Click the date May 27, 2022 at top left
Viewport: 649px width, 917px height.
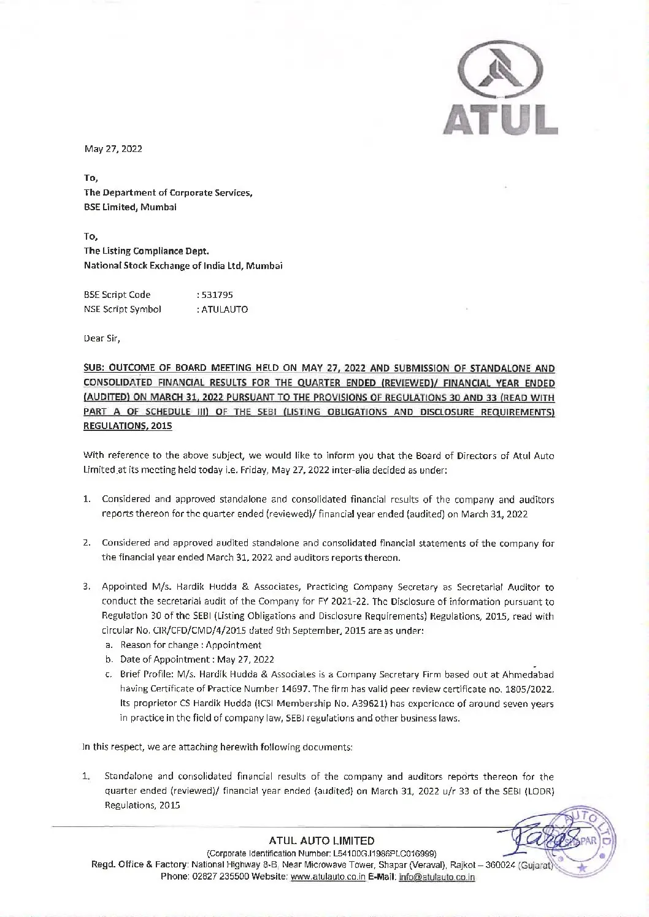click(x=113, y=149)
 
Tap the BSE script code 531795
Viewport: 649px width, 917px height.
click(x=214, y=295)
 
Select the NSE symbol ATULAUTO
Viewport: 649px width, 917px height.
click(x=221, y=310)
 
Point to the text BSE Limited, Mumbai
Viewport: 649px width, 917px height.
click(x=130, y=207)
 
